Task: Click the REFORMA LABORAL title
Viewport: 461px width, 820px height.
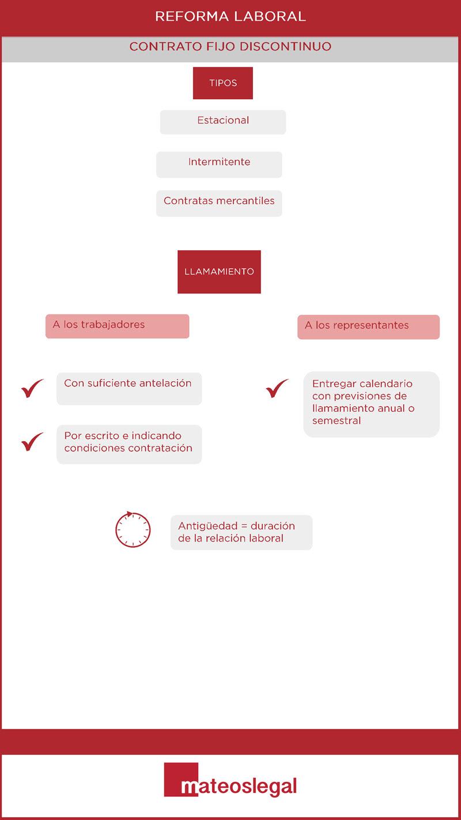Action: click(x=231, y=17)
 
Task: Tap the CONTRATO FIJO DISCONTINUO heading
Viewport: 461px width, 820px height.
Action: click(x=231, y=47)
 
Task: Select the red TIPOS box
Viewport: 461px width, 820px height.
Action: click(x=223, y=83)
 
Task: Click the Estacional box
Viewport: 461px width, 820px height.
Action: click(x=223, y=122)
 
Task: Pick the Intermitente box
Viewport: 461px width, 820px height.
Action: click(x=219, y=165)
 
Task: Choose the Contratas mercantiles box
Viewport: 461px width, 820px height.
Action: click(x=219, y=204)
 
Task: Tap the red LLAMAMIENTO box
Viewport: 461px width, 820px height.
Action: click(x=219, y=272)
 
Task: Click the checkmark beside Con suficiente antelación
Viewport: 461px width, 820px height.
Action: click(x=32, y=389)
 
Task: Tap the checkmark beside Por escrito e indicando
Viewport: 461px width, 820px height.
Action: click(x=32, y=442)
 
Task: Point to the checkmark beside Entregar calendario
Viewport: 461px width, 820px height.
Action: click(x=277, y=389)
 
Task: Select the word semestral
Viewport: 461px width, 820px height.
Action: click(x=337, y=420)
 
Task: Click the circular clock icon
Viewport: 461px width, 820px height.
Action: click(x=133, y=530)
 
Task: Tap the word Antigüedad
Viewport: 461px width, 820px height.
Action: click(x=208, y=526)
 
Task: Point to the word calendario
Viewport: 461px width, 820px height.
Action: click(x=386, y=383)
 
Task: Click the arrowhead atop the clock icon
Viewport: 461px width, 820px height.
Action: click(x=129, y=514)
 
